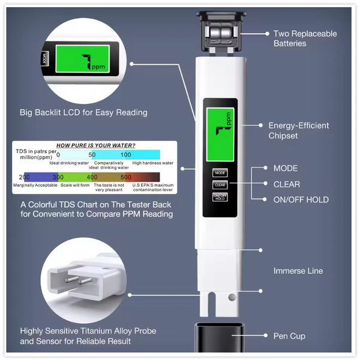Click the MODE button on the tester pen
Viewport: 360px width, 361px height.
pos(220,173)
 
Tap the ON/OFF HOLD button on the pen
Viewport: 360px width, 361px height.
pos(220,197)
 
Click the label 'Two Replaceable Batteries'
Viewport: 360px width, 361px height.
pos(305,38)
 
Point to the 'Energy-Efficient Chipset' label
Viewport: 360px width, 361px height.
pos(298,130)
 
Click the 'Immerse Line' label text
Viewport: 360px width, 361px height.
pos(298,271)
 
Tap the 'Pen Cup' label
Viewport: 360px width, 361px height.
pos(289,336)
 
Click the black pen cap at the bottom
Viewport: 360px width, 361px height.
pos(220,340)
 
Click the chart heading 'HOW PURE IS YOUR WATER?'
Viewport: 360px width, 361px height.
pos(95,145)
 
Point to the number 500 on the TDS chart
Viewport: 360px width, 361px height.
pos(126,177)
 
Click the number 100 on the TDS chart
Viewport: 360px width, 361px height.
pos(126,155)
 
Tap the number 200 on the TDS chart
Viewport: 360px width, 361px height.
pos(25,177)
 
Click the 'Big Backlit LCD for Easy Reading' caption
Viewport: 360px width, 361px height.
pos(83,112)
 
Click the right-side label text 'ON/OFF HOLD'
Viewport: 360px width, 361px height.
pos(301,200)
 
